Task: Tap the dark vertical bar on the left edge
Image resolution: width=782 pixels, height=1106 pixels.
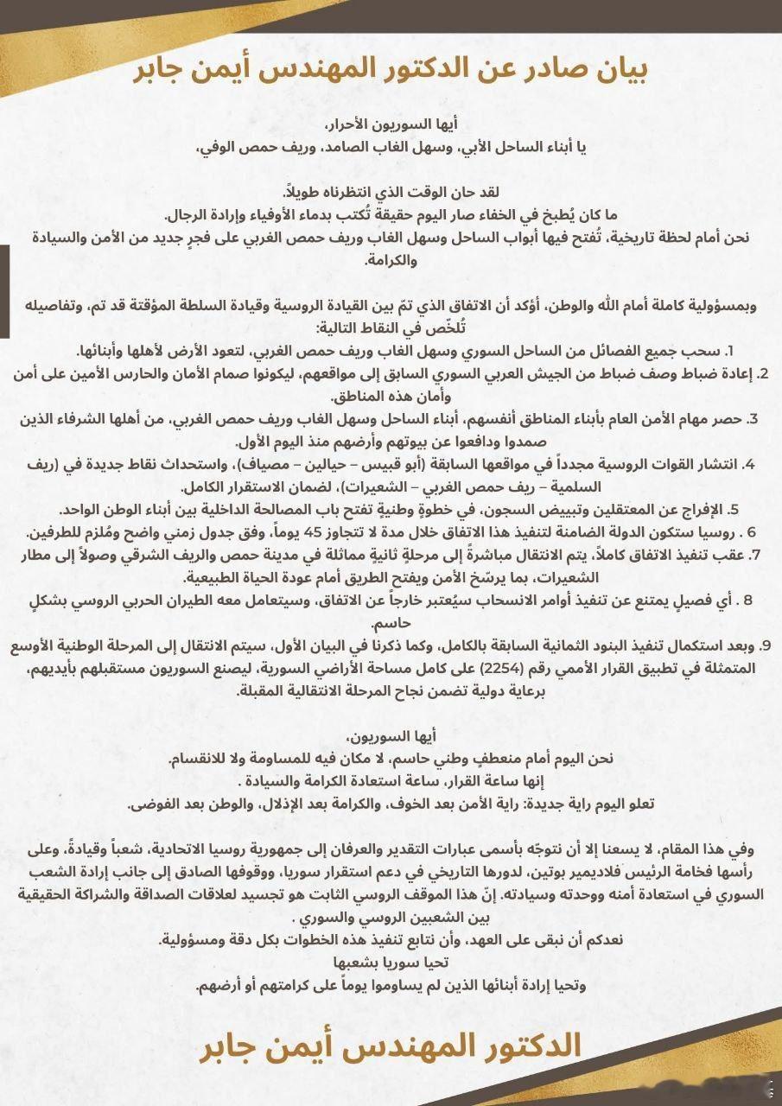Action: pyautogui.click(x=4, y=290)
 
